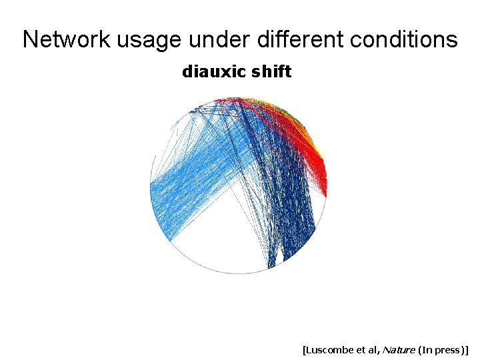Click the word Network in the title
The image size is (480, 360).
67,40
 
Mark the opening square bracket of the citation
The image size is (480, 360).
304,349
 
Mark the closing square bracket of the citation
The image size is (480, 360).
467,349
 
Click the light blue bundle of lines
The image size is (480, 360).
193,187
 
